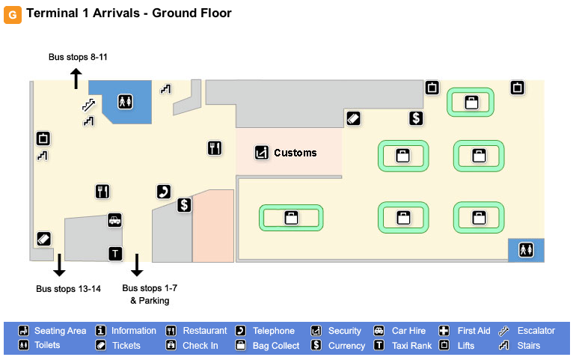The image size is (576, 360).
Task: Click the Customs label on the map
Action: click(295, 153)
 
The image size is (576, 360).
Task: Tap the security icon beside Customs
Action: click(261, 152)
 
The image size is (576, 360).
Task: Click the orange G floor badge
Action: click(12, 14)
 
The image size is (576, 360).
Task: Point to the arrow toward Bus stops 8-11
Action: click(76, 78)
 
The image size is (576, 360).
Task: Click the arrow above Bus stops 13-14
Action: click(59, 265)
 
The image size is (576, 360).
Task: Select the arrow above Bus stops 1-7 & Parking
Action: click(137, 265)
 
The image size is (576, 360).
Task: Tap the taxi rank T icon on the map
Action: click(114, 254)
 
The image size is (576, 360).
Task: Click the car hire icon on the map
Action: click(114, 220)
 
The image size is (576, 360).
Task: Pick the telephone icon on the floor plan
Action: click(163, 192)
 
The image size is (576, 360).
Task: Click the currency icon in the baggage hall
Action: click(417, 118)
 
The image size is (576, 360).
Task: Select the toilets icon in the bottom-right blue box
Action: click(526, 250)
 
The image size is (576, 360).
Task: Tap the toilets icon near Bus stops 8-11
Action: click(124, 101)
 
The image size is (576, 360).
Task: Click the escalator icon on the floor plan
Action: click(89, 106)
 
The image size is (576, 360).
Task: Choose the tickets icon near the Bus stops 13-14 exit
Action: click(43, 239)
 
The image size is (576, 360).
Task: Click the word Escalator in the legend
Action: click(536, 331)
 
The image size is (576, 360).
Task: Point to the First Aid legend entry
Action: click(474, 331)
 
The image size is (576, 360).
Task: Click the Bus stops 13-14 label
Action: click(68, 289)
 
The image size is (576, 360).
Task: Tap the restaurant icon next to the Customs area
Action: click(215, 148)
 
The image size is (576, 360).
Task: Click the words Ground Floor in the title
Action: click(192, 13)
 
